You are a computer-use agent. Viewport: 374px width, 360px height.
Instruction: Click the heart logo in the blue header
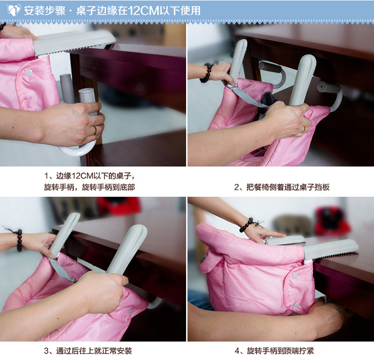[x=14, y=10]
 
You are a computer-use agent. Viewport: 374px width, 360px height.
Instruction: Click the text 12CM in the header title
[x=143, y=10]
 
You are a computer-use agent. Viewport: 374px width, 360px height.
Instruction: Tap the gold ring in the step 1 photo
[x=95, y=130]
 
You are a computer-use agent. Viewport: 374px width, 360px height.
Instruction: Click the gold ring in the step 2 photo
[x=304, y=129]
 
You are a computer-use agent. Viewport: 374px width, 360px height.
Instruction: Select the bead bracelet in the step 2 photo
[x=207, y=72]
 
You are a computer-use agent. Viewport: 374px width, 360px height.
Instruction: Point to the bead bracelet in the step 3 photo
[x=19, y=240]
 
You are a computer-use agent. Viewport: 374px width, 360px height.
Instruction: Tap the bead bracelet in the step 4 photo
[x=247, y=225]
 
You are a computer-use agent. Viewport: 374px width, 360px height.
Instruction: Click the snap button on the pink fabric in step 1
[x=29, y=73]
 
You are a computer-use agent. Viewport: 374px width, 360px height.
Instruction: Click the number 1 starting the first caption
[x=46, y=176]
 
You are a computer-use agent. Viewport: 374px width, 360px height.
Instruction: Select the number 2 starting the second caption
[x=236, y=187]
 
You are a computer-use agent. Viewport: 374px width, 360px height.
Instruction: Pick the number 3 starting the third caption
[x=46, y=351]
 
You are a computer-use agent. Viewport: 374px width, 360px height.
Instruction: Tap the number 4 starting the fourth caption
[x=237, y=351]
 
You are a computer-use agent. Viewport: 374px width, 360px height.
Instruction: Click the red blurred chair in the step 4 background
[x=332, y=221]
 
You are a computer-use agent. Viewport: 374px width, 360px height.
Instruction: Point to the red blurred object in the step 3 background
[x=119, y=205]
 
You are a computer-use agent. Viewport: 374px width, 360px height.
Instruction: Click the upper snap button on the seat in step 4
[x=295, y=276]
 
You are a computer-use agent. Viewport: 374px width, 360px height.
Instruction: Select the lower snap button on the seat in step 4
[x=297, y=305]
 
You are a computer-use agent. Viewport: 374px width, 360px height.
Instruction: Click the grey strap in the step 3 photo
[x=60, y=269]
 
